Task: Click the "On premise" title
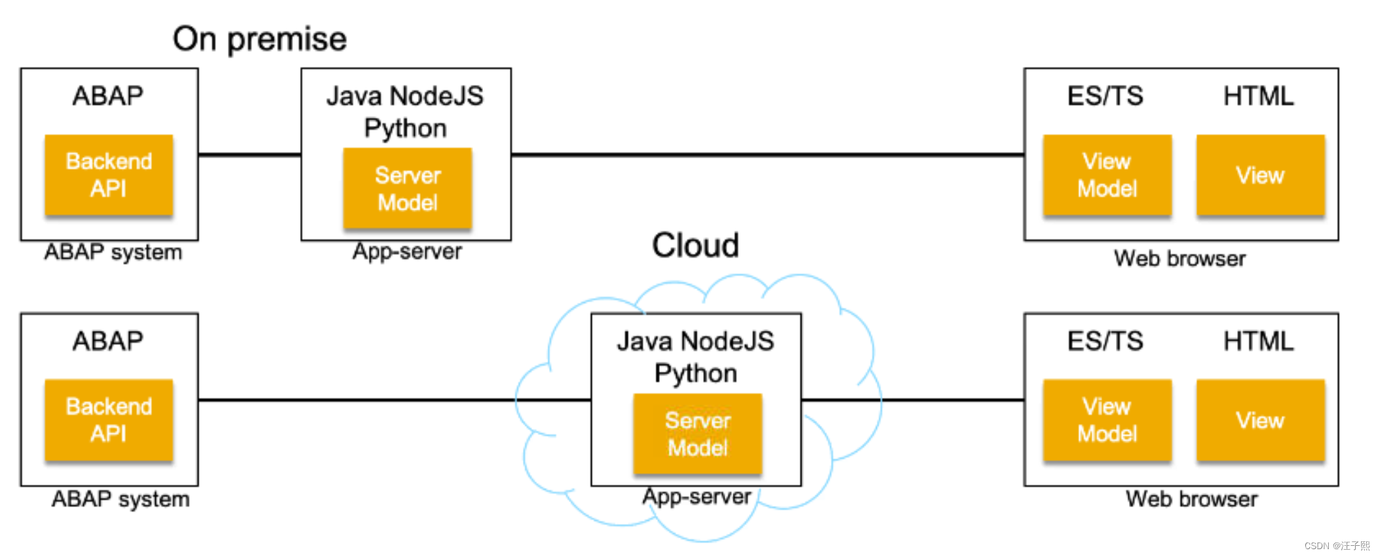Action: coord(259,39)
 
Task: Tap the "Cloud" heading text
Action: coord(695,246)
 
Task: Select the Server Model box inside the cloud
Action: coord(697,434)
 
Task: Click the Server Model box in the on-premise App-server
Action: coord(407,189)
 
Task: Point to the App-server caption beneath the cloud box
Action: coord(697,497)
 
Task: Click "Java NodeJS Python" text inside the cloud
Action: coord(695,357)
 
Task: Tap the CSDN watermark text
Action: coord(1337,545)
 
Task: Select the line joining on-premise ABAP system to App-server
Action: coord(249,155)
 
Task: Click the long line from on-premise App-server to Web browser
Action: coord(767,155)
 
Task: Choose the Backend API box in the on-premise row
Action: coord(109,175)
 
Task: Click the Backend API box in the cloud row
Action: coord(109,420)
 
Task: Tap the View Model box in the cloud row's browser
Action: coord(1107,420)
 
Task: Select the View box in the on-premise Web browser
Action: coord(1260,175)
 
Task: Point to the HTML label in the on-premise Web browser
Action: coord(1258,96)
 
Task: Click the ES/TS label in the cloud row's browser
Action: coord(1105,341)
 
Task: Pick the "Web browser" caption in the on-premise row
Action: coord(1179,258)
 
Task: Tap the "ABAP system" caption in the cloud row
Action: coord(121,499)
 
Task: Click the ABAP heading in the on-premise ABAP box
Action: coord(108,96)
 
